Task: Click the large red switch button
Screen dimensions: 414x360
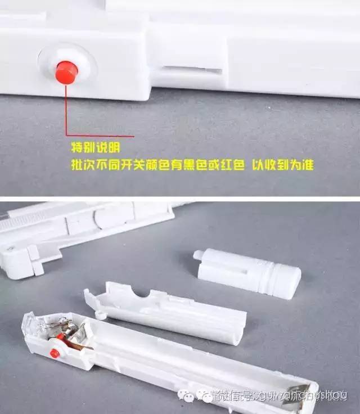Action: click(66, 73)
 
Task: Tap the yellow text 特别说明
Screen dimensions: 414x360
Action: click(96, 148)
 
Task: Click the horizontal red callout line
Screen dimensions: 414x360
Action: click(101, 136)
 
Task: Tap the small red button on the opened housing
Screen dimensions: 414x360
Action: click(55, 353)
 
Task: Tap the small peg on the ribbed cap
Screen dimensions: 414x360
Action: click(196, 255)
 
